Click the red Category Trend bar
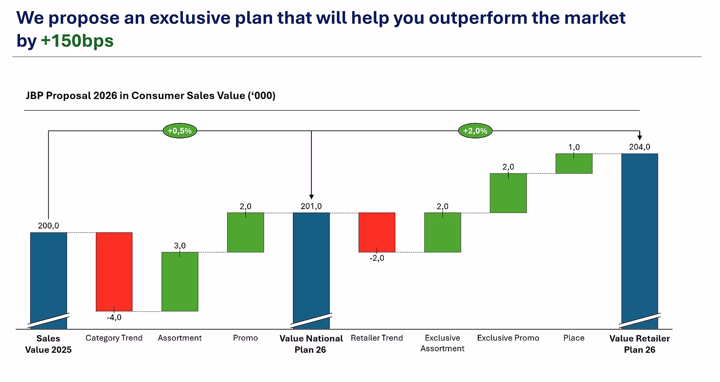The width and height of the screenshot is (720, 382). (114, 271)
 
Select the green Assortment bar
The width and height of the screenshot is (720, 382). (180, 281)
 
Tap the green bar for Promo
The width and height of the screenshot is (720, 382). (245, 232)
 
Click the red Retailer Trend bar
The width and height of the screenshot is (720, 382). (377, 232)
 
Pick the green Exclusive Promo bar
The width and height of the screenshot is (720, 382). (508, 193)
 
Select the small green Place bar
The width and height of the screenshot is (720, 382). (574, 163)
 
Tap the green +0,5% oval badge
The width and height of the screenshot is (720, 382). (180, 131)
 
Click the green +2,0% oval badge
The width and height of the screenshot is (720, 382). (475, 131)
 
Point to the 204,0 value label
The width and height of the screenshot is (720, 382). (639, 147)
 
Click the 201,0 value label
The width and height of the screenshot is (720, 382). (311, 206)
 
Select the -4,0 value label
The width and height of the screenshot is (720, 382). (114, 317)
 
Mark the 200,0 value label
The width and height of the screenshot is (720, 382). (48, 226)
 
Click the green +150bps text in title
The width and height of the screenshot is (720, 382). (77, 41)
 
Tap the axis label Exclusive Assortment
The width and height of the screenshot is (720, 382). (442, 343)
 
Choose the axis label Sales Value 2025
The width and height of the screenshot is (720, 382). (48, 344)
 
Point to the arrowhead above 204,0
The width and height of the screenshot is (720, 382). (640, 137)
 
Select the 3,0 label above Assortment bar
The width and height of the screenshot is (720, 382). (180, 246)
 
